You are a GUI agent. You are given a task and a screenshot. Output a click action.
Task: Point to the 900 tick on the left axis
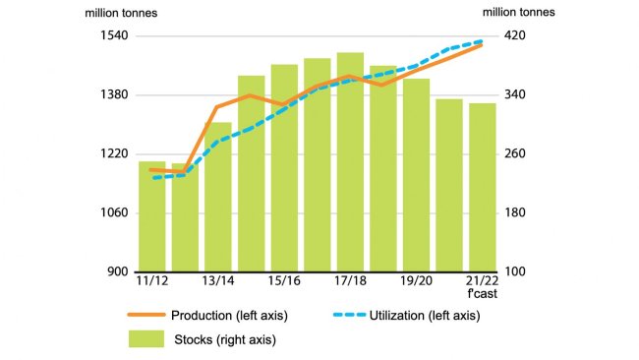pyautogui.click(x=117, y=272)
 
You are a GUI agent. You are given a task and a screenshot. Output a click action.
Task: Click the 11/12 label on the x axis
pyautogui.click(x=151, y=282)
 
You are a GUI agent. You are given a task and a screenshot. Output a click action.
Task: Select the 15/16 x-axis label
pyautogui.click(x=284, y=282)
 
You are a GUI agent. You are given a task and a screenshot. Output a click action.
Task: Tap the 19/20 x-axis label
pyautogui.click(x=416, y=282)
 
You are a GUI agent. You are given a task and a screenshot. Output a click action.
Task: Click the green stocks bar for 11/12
pyautogui.click(x=151, y=216)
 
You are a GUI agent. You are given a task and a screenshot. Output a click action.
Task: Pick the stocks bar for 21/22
pyautogui.click(x=482, y=187)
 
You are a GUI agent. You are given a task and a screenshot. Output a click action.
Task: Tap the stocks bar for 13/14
pyautogui.click(x=218, y=197)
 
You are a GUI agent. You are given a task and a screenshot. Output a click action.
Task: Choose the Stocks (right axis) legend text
pyautogui.click(x=224, y=340)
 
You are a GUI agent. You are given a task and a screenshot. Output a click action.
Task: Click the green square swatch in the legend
pyautogui.click(x=145, y=339)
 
